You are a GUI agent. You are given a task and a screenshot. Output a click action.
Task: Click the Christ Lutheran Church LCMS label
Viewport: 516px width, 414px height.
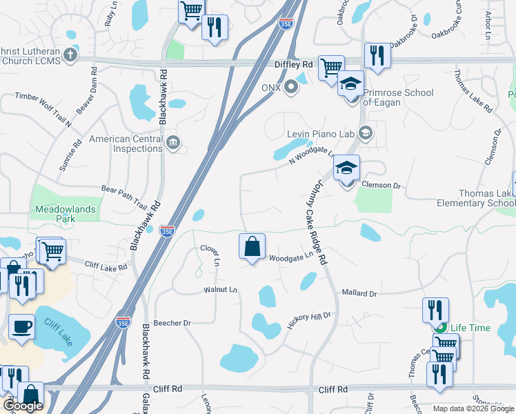click(31, 55)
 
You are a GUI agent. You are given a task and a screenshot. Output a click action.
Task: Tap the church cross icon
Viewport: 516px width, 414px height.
click(70, 55)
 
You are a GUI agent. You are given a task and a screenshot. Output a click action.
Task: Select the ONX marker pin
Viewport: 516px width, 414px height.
click(291, 88)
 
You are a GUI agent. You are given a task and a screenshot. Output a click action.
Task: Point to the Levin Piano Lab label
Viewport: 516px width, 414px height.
click(320, 134)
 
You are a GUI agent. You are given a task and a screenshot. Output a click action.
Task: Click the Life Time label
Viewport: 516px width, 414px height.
click(470, 328)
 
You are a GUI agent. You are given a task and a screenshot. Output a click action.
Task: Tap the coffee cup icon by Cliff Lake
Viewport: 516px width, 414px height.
click(21, 325)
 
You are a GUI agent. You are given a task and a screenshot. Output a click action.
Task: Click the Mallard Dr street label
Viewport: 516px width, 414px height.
click(359, 293)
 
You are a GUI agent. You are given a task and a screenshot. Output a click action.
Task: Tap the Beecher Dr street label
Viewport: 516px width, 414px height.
click(172, 322)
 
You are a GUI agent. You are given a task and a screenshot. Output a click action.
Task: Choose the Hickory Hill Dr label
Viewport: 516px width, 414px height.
click(309, 321)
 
